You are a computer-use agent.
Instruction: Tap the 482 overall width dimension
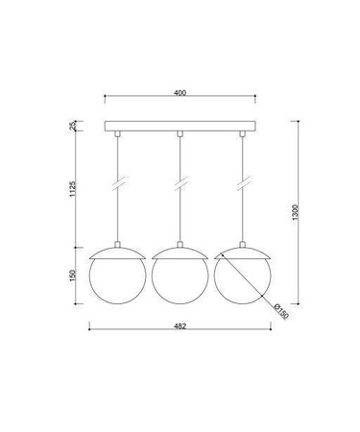(x=180, y=324)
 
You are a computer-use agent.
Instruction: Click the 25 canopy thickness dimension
(x=75, y=125)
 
